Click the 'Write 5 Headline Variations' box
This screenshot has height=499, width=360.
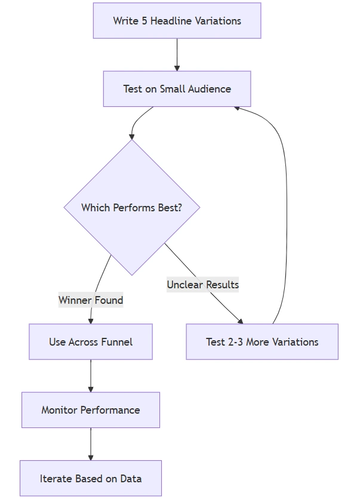[177, 21]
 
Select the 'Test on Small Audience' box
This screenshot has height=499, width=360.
[177, 89]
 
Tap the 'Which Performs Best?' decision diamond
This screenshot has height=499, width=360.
[132, 208]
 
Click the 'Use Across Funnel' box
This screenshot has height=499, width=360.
[91, 342]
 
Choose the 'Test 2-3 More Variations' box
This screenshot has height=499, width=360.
[262, 342]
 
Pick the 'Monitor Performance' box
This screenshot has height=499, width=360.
[91, 410]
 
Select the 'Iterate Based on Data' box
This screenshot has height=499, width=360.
[91, 478]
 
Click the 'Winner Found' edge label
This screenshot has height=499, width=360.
[91, 300]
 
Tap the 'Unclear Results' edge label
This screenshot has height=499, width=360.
[202, 285]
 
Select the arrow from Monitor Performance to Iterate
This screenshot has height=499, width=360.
[91, 444]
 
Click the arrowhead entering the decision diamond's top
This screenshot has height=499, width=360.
[132, 137]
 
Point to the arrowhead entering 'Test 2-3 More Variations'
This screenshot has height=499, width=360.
[240, 321]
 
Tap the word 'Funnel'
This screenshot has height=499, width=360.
[117, 342]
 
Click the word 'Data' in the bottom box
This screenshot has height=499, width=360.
[130, 478]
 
